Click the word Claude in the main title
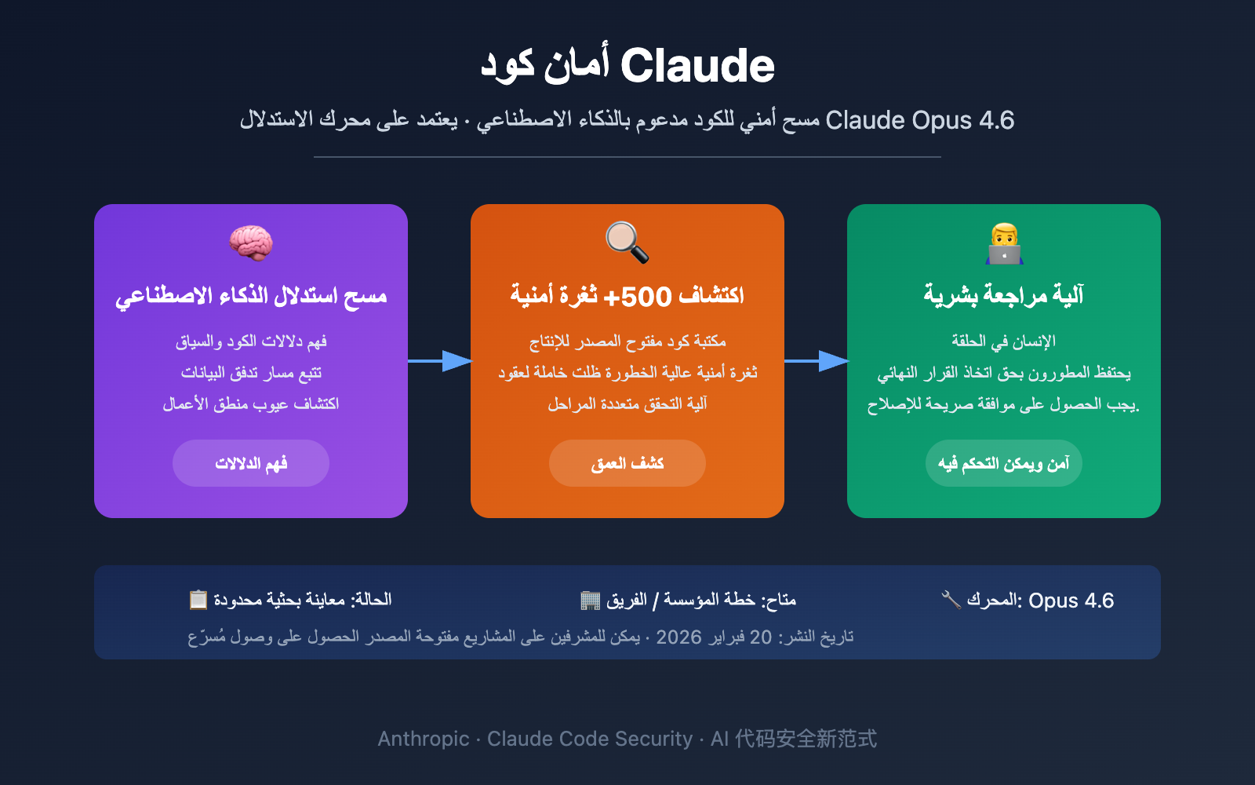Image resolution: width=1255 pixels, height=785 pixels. click(x=697, y=66)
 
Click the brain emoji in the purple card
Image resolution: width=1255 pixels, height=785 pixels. click(x=251, y=243)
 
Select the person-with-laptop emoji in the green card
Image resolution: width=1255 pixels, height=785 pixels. click(x=1004, y=243)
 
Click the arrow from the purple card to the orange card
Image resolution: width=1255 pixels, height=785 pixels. click(x=439, y=361)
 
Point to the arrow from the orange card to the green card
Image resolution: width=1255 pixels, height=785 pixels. click(x=816, y=361)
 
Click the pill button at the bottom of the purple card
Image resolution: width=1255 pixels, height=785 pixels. click(x=251, y=463)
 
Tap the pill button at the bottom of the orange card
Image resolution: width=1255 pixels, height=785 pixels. click(x=627, y=463)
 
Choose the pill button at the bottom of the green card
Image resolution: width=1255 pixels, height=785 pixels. click(x=1004, y=463)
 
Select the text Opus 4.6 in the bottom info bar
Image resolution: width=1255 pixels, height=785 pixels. click(x=1071, y=601)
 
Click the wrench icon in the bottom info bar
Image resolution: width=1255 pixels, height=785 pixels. click(x=951, y=600)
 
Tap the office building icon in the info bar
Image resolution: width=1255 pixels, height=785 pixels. click(x=590, y=601)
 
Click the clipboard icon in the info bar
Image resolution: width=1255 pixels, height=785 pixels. click(x=198, y=600)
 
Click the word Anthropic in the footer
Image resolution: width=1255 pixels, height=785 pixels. click(x=424, y=739)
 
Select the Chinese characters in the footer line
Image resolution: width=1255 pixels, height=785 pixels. click(x=806, y=739)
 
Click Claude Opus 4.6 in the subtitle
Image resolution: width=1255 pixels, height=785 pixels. click(x=919, y=120)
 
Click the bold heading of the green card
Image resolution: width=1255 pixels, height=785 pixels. click(x=1004, y=295)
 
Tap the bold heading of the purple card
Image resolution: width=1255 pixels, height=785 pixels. click(x=251, y=296)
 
